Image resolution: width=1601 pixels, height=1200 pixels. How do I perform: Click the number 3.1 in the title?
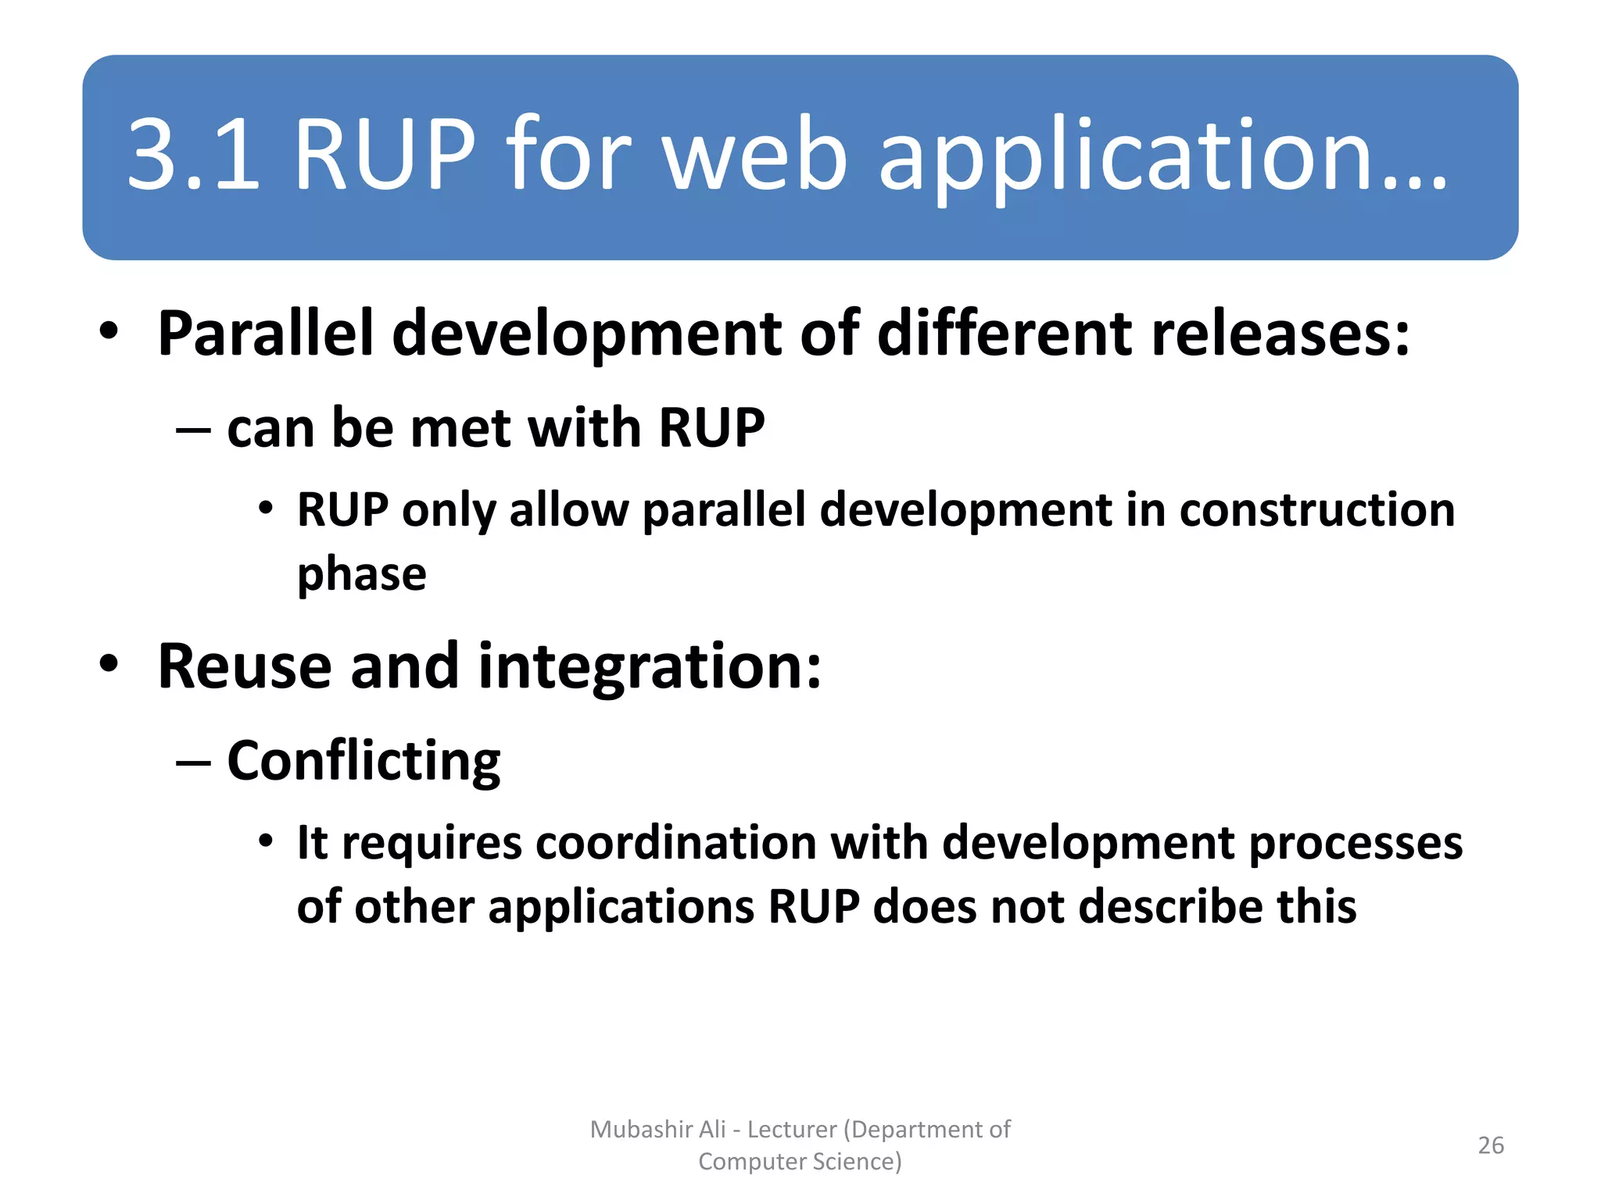coord(193,154)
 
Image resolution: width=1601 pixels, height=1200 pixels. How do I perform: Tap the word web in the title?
coord(754,154)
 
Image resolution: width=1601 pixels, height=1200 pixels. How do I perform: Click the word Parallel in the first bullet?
coord(265,334)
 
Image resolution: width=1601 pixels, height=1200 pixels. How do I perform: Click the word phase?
coord(362,576)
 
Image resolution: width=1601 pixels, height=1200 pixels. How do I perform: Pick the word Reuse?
coord(244,666)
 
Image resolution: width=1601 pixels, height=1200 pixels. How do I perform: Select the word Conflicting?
coord(364,761)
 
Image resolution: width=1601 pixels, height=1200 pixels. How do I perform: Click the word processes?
coord(1356,845)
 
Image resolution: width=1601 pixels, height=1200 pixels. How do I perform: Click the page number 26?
coord(1490,1145)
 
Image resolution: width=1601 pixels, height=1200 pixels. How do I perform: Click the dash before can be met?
coord(192,430)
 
